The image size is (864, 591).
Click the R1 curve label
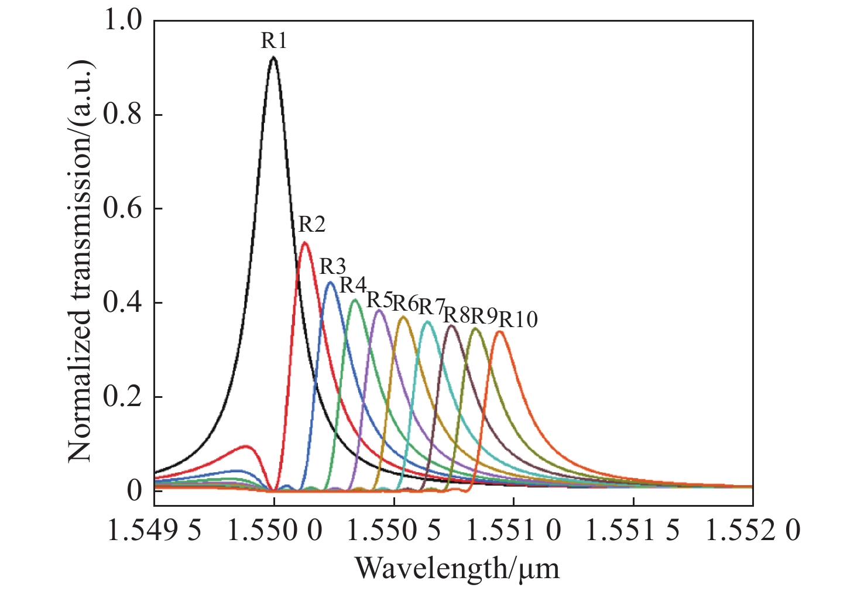coord(273,41)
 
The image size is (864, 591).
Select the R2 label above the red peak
coord(311,224)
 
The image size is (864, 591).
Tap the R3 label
coord(332,266)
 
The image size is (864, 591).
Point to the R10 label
coord(517,319)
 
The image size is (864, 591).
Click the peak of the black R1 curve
coord(273,57)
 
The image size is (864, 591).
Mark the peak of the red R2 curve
coord(304,243)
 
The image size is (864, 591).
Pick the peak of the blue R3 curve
coord(330,283)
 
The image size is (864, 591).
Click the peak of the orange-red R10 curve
coord(500,332)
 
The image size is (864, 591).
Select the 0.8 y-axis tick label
coord(122,115)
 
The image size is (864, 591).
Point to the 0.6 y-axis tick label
coord(122,209)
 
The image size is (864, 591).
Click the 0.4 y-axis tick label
coord(122,303)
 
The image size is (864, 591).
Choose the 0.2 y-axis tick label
coord(122,397)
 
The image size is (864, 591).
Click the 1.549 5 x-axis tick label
coord(155,531)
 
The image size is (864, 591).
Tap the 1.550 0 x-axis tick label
coord(274,531)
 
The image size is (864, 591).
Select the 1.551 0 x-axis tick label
coord(514,531)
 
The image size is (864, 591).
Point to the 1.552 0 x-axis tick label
coord(752,531)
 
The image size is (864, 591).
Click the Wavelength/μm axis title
coord(457,568)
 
